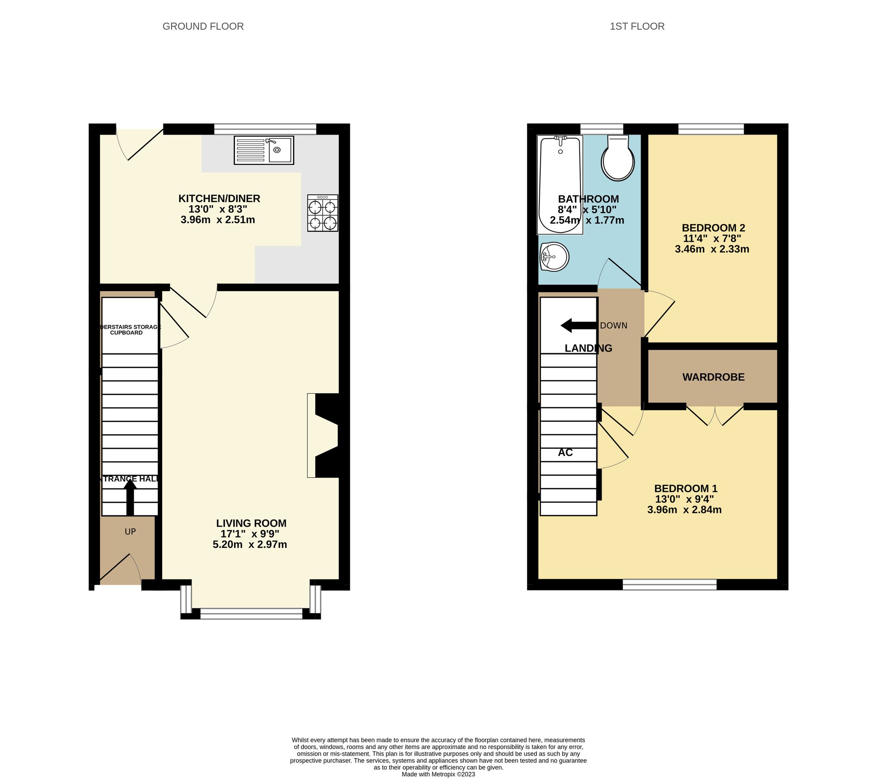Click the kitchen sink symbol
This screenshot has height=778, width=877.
coord(264,150)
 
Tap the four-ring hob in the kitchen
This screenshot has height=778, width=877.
coord(323,213)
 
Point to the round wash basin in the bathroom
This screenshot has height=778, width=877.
coord(555,257)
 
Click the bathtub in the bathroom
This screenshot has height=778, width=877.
coord(560,184)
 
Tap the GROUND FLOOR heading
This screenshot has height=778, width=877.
coord(203,26)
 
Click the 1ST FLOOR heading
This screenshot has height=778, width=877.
coord(637,26)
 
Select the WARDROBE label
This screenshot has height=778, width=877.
coord(713,377)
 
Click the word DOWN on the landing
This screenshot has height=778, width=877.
coord(613,326)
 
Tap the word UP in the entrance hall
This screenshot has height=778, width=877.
coord(130,532)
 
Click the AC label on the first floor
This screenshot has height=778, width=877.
coord(565,452)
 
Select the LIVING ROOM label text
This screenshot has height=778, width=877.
coord(251,523)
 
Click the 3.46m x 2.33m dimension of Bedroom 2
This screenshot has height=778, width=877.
coord(712,249)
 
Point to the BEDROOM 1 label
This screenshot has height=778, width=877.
coord(685,488)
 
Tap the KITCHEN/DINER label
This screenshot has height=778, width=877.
coord(219,199)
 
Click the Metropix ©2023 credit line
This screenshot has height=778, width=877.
coord(438,774)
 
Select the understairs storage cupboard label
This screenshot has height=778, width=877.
coord(129,330)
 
